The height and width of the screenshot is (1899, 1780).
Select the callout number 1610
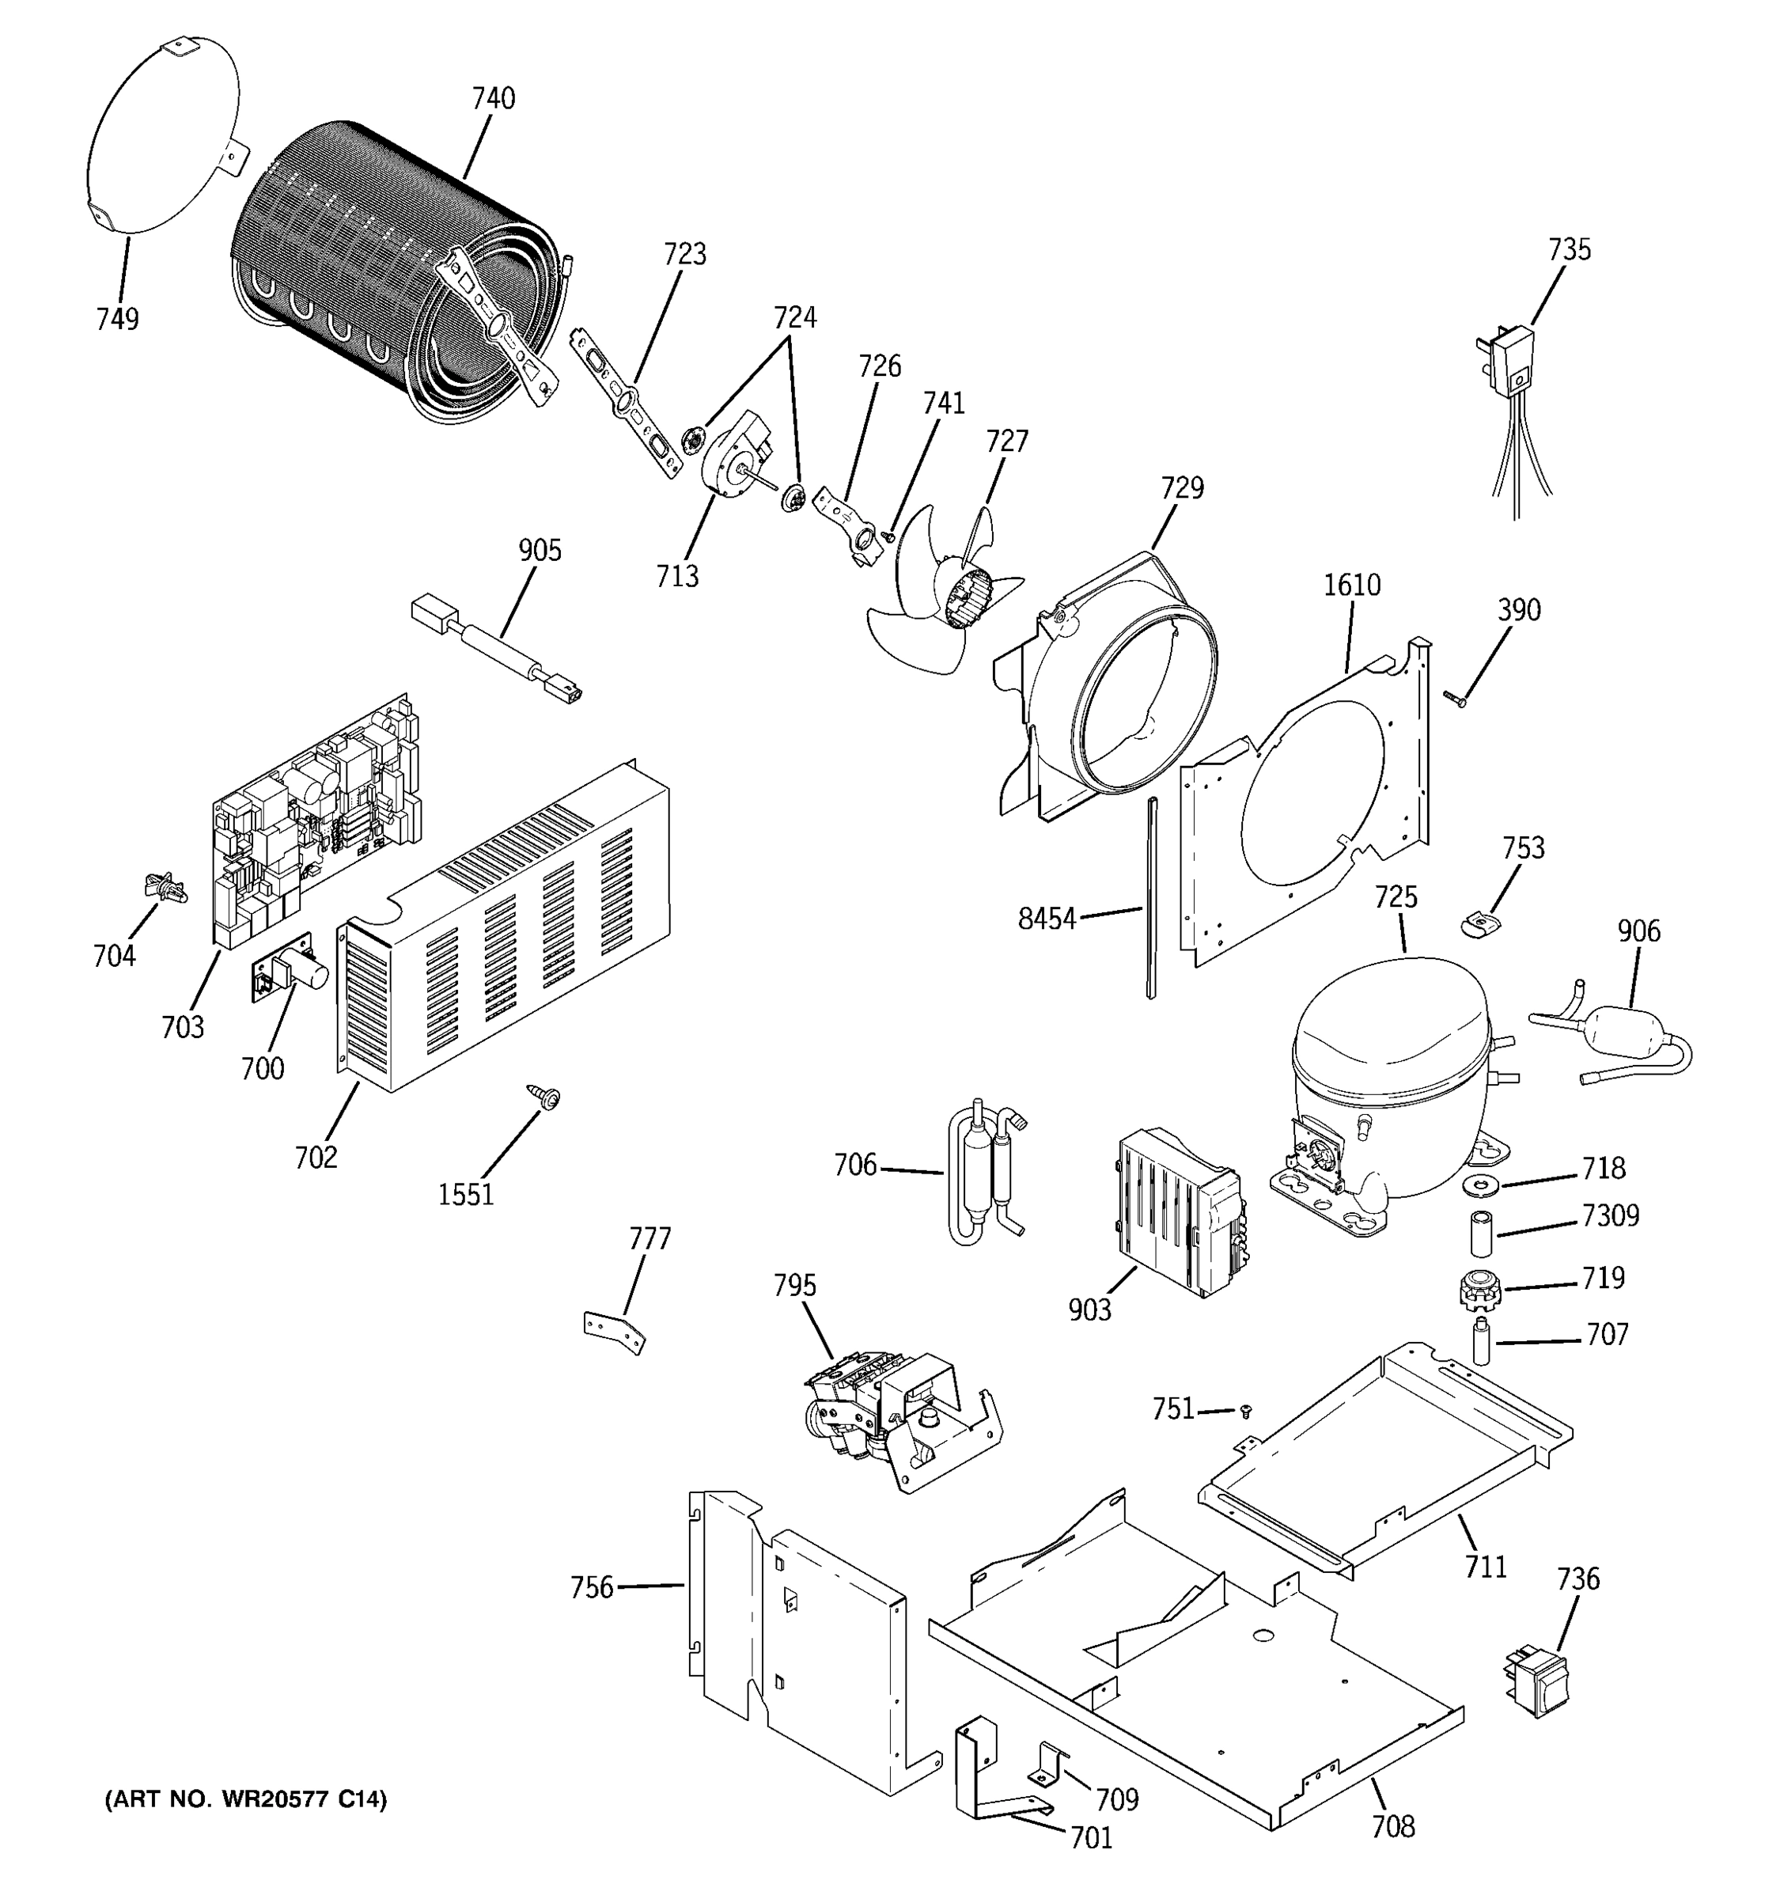point(1351,585)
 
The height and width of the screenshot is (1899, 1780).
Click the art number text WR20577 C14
point(245,1799)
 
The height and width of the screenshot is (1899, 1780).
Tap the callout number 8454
point(1047,920)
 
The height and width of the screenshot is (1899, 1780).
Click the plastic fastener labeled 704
point(165,888)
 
